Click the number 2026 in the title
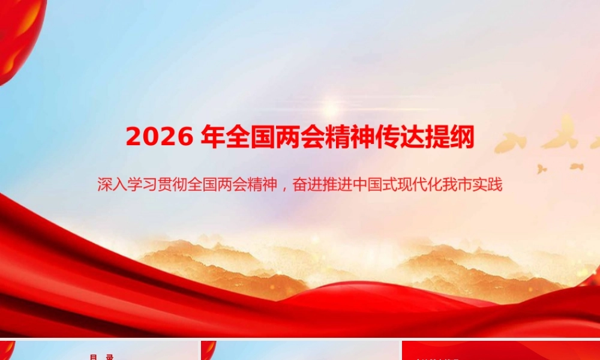160,137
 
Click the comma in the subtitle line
284,185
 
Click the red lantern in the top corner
18,36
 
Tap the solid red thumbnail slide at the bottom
501,351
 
